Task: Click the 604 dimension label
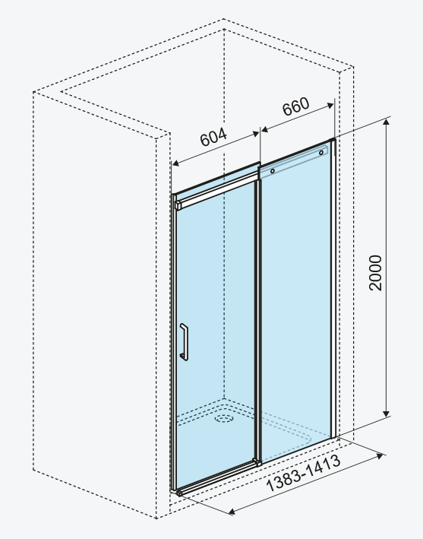(x=213, y=137)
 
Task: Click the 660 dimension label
(x=295, y=106)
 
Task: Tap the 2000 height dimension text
(x=375, y=273)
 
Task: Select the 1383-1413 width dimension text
(x=304, y=473)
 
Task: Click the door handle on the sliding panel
(x=185, y=341)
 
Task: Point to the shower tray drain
(x=224, y=418)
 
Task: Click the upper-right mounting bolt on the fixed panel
(x=321, y=152)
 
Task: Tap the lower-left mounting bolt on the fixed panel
(x=273, y=171)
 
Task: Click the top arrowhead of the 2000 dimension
(x=387, y=122)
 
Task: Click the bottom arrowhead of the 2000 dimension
(x=387, y=414)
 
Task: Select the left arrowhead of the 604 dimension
(x=175, y=163)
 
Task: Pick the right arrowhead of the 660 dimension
(x=330, y=106)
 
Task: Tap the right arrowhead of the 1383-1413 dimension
(x=380, y=456)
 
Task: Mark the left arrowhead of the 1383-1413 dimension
(x=232, y=512)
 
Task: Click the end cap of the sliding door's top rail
(x=178, y=205)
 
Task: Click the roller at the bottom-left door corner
(x=179, y=494)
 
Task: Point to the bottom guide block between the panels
(x=257, y=462)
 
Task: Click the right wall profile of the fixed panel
(x=333, y=288)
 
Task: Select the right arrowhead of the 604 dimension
(x=256, y=134)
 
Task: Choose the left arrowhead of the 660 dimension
(x=265, y=129)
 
